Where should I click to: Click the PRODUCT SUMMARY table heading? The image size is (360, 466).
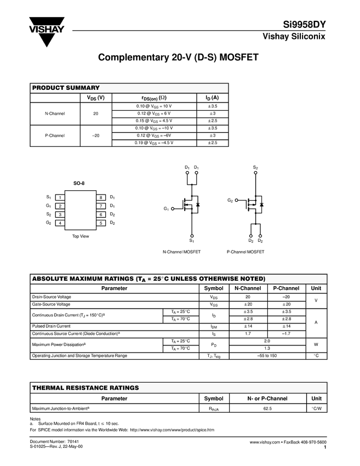[x=66, y=88]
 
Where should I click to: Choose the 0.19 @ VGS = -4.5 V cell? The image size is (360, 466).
[x=154, y=143]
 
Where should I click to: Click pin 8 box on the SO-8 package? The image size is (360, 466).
[x=101, y=197]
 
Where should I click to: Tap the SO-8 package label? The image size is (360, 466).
[x=79, y=184]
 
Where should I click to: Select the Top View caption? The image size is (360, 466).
[x=80, y=236]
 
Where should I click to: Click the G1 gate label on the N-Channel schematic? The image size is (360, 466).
[x=166, y=209]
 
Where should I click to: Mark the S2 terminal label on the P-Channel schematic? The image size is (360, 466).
[x=255, y=167]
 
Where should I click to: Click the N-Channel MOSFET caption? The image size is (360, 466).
[x=181, y=252]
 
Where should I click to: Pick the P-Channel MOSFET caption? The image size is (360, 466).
[x=245, y=252]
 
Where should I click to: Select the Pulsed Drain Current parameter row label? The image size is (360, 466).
[x=52, y=326]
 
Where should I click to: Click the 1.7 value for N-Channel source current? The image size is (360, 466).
[x=248, y=333]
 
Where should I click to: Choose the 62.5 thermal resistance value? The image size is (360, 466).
[x=267, y=408]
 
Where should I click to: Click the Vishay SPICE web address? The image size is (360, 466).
[x=172, y=430]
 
